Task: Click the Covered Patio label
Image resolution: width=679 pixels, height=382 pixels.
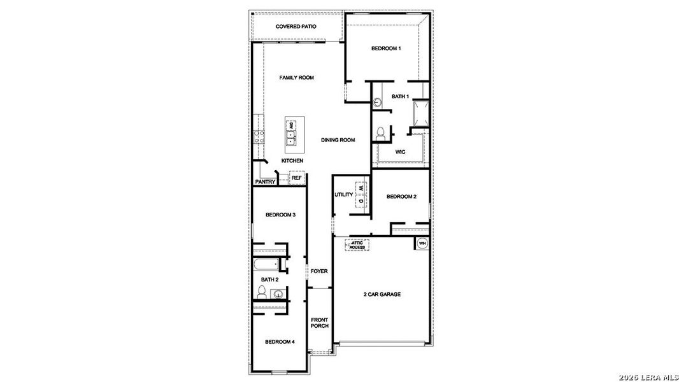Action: coord(296,27)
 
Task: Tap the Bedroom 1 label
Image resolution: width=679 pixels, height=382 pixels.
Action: coord(386,49)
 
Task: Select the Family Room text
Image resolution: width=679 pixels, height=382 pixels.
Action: coord(296,78)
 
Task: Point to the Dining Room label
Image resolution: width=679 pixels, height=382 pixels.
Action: coord(338,140)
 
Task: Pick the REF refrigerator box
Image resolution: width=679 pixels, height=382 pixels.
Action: coord(297,178)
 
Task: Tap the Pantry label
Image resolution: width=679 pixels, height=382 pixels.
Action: coord(265,182)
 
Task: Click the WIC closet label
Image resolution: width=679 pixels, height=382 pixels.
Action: coord(400,152)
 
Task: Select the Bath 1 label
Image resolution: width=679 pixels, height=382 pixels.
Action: coord(399,97)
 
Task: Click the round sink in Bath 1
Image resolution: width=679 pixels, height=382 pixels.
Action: coord(377,102)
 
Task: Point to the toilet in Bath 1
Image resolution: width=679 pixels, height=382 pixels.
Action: coord(380,132)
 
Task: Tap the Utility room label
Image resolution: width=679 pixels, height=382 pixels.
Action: coord(343,195)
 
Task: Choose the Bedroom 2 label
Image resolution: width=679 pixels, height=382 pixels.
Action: coord(401,197)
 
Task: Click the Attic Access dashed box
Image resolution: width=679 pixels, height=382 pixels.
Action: coord(357,245)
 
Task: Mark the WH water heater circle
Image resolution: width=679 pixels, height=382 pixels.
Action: coord(422,243)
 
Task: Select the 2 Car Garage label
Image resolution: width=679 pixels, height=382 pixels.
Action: coord(382,294)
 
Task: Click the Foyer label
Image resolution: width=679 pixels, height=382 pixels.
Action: coord(319,271)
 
